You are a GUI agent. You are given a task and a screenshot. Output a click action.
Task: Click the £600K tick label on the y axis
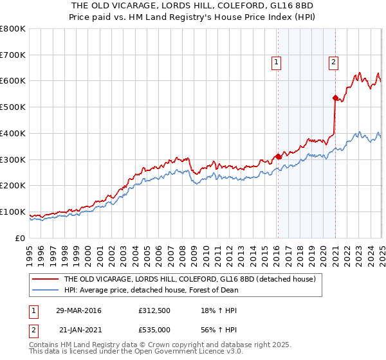13,81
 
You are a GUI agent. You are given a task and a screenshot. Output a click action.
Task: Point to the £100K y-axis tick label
13,212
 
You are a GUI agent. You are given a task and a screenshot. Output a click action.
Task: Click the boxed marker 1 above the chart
276,62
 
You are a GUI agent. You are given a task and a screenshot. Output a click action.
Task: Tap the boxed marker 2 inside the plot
334,62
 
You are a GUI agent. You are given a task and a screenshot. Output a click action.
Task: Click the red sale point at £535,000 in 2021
335,98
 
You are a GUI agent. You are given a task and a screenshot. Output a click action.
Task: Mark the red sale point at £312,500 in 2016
278,156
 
